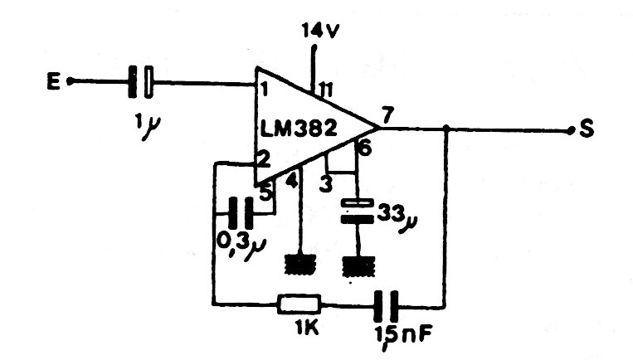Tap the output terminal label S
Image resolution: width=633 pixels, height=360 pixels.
point(587,130)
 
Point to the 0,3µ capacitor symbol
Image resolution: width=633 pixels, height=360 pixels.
point(241,212)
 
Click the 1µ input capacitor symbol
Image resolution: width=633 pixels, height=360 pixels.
point(140,82)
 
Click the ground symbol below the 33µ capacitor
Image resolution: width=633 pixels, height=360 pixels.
point(356,266)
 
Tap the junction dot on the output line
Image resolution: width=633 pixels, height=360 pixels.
point(446,129)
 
